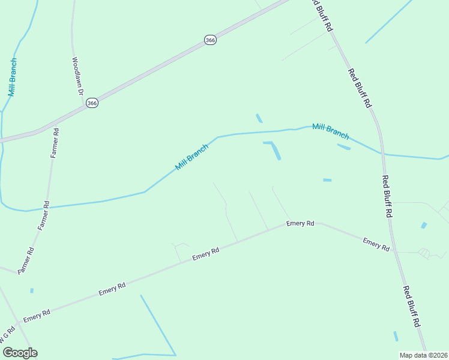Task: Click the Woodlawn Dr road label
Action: coord(77,76)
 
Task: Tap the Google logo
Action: coord(19,352)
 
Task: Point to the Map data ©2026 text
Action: coord(423,355)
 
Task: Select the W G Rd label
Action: coord(7,336)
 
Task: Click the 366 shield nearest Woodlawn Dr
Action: coord(91,103)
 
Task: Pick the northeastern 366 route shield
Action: coord(209,40)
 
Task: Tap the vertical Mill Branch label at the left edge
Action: coord(12,77)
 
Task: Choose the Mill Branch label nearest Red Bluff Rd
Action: coord(331,131)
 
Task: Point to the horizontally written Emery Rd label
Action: coord(300,223)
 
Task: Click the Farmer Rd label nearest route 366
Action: coord(55,143)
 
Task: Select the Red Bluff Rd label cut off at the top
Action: coord(322,15)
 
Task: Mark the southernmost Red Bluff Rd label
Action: coord(411,306)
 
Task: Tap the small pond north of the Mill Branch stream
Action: coord(259,118)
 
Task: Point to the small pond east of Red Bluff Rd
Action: coord(424,225)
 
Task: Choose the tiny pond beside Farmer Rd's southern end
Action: coord(32,290)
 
